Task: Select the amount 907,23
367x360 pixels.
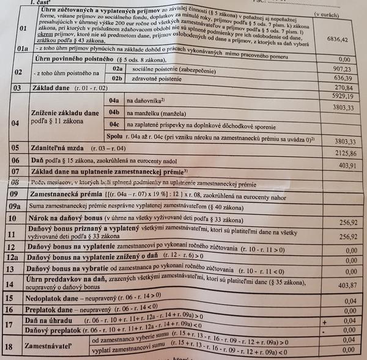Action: tap(339, 69)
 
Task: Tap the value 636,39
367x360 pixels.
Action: tap(340, 78)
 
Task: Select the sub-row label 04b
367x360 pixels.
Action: tap(114, 113)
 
